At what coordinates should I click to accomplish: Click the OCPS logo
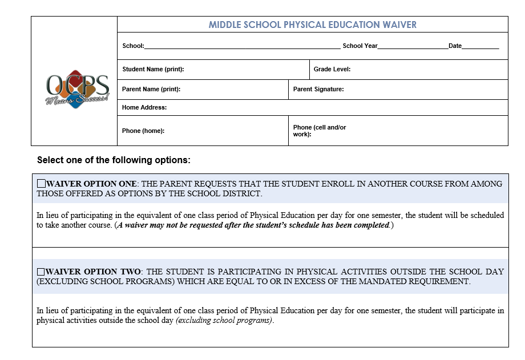77,90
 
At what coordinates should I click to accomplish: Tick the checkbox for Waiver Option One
41,184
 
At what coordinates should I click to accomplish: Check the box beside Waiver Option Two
41,272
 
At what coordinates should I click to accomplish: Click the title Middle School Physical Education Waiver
312,25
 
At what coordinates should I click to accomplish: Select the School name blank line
242,46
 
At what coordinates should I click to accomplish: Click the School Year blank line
413,46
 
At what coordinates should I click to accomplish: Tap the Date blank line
480,46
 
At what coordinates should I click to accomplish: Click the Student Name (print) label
153,69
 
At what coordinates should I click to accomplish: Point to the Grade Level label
332,69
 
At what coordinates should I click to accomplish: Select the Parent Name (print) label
151,89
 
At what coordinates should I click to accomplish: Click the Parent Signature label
318,89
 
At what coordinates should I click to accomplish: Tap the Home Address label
144,107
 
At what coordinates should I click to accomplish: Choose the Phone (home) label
143,131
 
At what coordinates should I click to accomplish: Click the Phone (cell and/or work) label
319,131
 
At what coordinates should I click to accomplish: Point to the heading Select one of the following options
114,160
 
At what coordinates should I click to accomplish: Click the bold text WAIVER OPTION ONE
91,184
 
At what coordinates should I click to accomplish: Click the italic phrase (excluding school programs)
224,320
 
